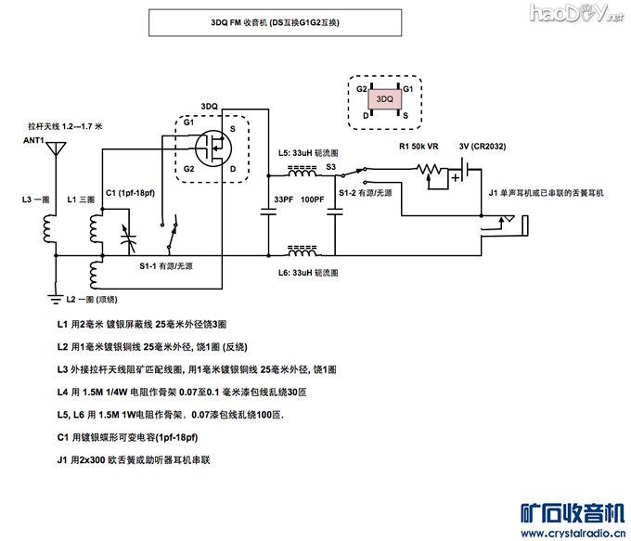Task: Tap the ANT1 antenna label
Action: pyautogui.click(x=34, y=139)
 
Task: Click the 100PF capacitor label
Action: pyautogui.click(x=312, y=200)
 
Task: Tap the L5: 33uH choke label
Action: pyautogui.click(x=307, y=152)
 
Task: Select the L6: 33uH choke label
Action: pyautogui.click(x=308, y=273)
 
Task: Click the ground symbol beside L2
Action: pyautogui.click(x=54, y=298)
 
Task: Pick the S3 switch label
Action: pyautogui.click(x=330, y=166)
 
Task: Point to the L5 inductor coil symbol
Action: pyautogui.click(x=302, y=172)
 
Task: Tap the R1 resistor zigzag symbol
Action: pyautogui.click(x=429, y=169)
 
